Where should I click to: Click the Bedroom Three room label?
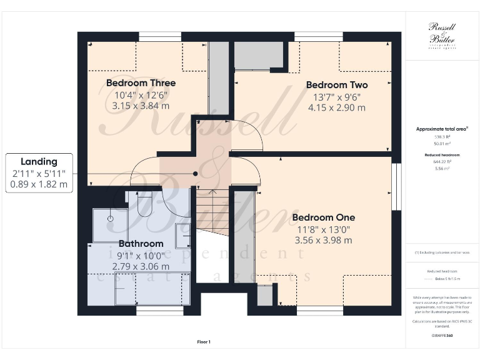pyautogui.click(x=141, y=83)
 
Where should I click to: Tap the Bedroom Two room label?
pyautogui.click(x=336, y=85)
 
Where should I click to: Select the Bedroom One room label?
pyautogui.click(x=323, y=217)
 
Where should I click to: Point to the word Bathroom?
pyautogui.click(x=141, y=244)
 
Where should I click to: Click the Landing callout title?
pyautogui.click(x=39, y=162)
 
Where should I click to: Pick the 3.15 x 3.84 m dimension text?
pyautogui.click(x=141, y=106)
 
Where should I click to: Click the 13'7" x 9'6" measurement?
pyautogui.click(x=336, y=97)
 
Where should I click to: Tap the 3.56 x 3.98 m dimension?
pyautogui.click(x=323, y=240)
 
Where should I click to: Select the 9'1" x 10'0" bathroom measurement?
pyautogui.click(x=141, y=255)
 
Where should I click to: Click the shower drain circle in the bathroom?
pyautogui.click(x=110, y=219)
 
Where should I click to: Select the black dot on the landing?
pyautogui.click(x=196, y=174)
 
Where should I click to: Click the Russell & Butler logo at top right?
pyautogui.click(x=441, y=34)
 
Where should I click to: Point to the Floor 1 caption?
pyautogui.click(x=203, y=342)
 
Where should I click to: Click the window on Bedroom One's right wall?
pyautogui.click(x=395, y=187)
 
